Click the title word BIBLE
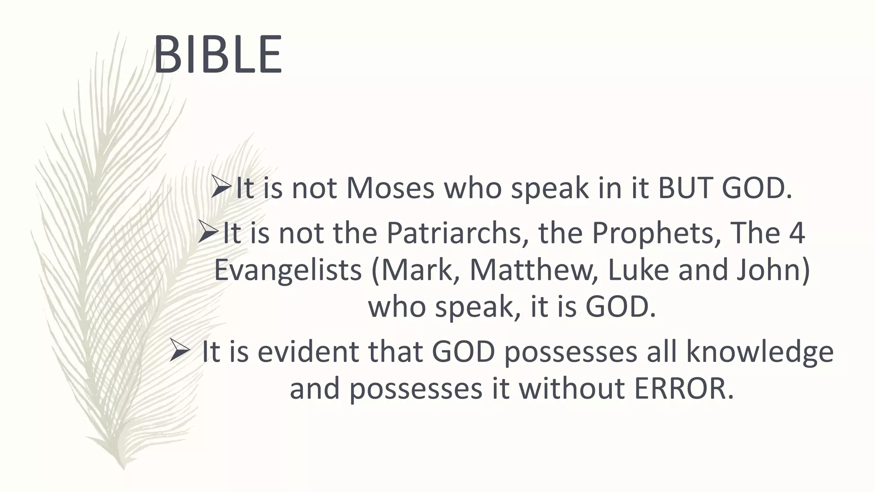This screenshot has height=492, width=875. (x=218, y=55)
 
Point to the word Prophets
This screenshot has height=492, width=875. (x=652, y=233)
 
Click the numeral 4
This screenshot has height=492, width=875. (x=797, y=233)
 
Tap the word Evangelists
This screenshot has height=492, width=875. (x=288, y=270)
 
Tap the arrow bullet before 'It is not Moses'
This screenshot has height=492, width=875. (x=221, y=187)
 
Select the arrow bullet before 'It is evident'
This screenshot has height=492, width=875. (x=179, y=350)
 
